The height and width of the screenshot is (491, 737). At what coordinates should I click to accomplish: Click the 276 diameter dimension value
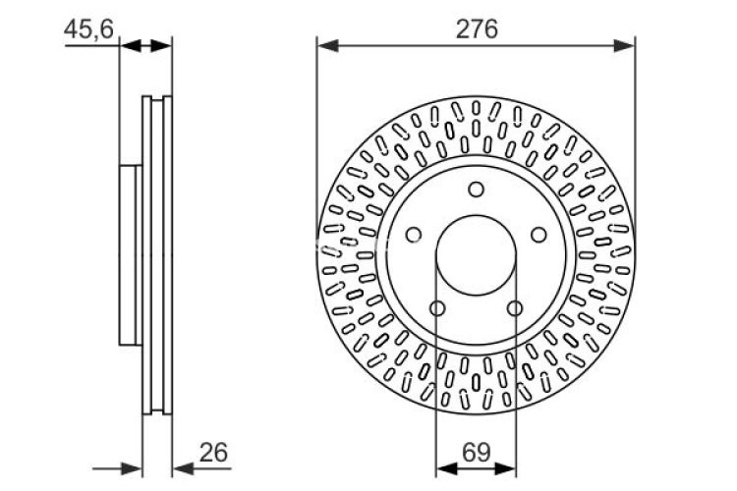pyautogui.click(x=476, y=28)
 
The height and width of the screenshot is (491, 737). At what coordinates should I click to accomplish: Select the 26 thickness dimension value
pyautogui.click(x=212, y=453)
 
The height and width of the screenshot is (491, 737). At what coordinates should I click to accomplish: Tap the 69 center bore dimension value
pyautogui.click(x=476, y=453)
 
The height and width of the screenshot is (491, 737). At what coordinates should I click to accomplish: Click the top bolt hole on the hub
pyautogui.click(x=476, y=190)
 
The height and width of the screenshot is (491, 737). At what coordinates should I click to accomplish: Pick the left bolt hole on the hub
pyautogui.click(x=414, y=235)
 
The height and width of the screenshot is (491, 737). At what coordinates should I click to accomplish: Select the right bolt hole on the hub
pyautogui.click(x=538, y=235)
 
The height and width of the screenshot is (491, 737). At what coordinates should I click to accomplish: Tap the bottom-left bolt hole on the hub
pyautogui.click(x=437, y=308)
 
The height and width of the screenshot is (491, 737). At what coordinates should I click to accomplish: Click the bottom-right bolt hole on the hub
pyautogui.click(x=514, y=308)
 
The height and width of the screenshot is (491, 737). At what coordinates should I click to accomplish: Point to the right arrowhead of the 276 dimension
pyautogui.click(x=626, y=44)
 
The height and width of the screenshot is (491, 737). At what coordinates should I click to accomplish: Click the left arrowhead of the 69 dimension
pyautogui.click(x=443, y=467)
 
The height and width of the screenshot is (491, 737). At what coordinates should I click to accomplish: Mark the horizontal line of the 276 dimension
pyautogui.click(x=476, y=44)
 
